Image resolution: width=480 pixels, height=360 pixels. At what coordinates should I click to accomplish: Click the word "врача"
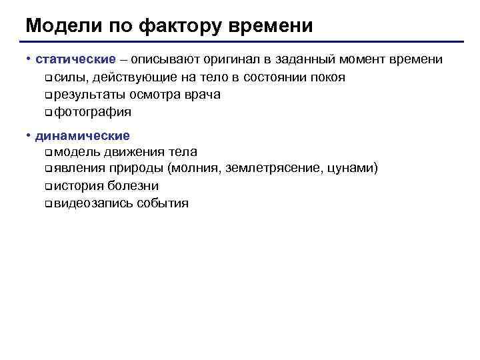[202, 95]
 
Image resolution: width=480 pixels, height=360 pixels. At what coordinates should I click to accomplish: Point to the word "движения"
[132, 152]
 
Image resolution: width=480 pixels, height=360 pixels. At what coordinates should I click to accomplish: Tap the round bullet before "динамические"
[29, 136]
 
